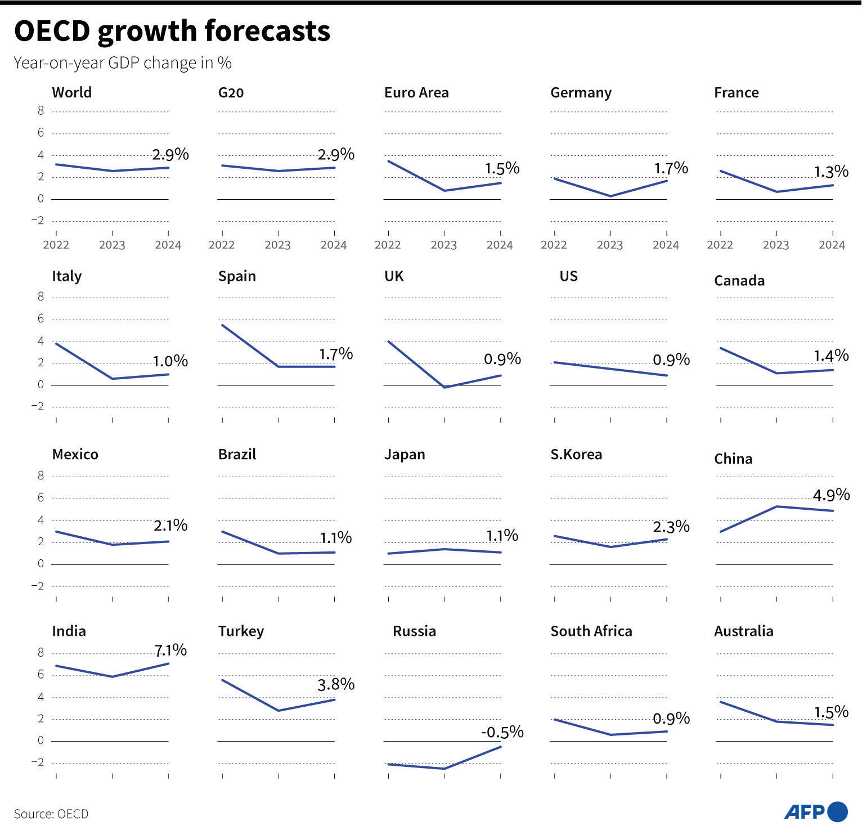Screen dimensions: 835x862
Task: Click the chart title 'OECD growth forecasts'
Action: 172,31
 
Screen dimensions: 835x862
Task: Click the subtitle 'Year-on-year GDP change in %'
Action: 123,62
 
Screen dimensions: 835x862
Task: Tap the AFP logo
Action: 815,812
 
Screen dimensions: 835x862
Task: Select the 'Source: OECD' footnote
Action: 51,814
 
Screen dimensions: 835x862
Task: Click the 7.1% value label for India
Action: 170,650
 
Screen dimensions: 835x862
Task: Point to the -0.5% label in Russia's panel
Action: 502,732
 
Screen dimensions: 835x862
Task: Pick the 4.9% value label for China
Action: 831,495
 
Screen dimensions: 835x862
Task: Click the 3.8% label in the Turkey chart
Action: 336,684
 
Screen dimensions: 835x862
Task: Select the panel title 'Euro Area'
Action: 416,93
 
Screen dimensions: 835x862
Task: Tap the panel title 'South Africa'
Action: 591,631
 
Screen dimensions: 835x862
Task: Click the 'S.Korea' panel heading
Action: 576,455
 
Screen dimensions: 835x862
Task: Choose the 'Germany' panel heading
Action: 581,93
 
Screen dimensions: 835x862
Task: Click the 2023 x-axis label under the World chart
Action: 112,245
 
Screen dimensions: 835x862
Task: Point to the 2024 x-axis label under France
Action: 832,245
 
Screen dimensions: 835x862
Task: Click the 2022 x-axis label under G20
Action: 222,245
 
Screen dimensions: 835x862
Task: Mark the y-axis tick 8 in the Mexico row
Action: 41,476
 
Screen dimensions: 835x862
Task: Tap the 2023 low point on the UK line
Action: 445,387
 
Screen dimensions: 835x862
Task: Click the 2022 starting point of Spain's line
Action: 223,325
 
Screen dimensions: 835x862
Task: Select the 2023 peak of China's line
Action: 776,506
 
